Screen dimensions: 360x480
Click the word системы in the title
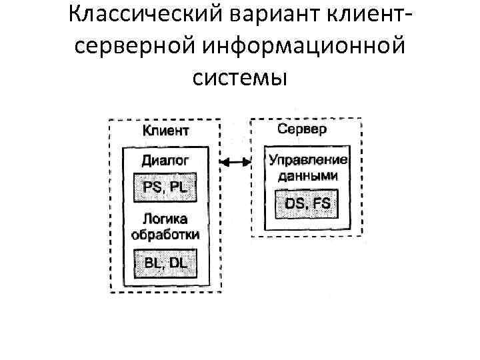coord(240,78)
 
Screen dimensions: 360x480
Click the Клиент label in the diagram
coord(165,130)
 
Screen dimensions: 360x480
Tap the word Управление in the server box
coord(307,161)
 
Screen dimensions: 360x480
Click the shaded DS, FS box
coord(307,203)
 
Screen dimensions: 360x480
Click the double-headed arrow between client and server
coord(235,161)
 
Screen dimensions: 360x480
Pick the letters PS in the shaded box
coord(153,187)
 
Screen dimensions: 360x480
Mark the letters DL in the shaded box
coord(178,262)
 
